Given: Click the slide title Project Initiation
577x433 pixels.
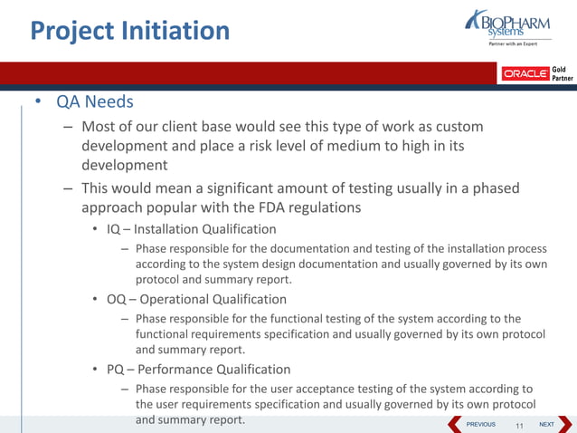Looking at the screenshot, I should pos(130,31).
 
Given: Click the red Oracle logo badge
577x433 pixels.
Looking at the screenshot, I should pos(525,73).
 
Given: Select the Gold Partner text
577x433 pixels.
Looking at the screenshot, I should pos(561,73).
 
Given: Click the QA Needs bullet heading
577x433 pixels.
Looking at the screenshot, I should pos(95,101).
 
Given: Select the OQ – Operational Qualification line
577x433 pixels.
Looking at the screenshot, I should pos(196,299).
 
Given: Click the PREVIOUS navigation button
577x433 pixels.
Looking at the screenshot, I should pos(480,424).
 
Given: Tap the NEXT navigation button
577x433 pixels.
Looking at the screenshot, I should pos(546,424).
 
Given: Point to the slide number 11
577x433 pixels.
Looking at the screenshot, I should pos(519,425).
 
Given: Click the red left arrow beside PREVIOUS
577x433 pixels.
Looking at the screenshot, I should pos(455,423).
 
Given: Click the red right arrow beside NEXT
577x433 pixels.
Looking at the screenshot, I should pos(566,423).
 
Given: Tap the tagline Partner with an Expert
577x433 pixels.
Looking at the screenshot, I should pos(513,44).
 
